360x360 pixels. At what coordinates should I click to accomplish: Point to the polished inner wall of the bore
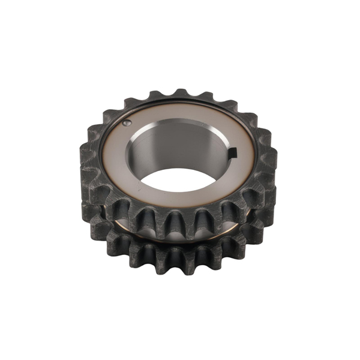coord(174,144)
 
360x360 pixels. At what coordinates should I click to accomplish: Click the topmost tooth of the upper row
coord(179,94)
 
